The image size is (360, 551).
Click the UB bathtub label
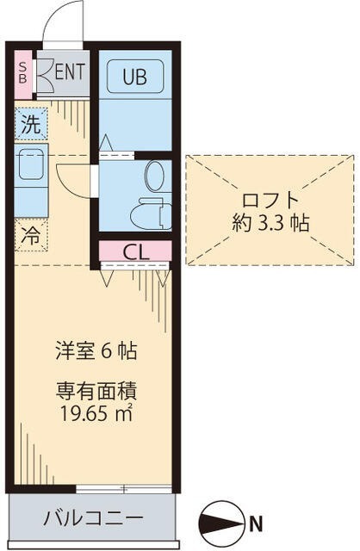click(x=133, y=77)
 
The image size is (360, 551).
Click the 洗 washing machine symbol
click(x=30, y=123)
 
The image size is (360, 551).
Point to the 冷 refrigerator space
click(x=30, y=232)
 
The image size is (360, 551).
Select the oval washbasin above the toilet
click(x=155, y=176)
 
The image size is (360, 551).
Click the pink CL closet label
click(x=134, y=251)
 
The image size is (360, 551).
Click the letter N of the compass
click(x=256, y=521)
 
